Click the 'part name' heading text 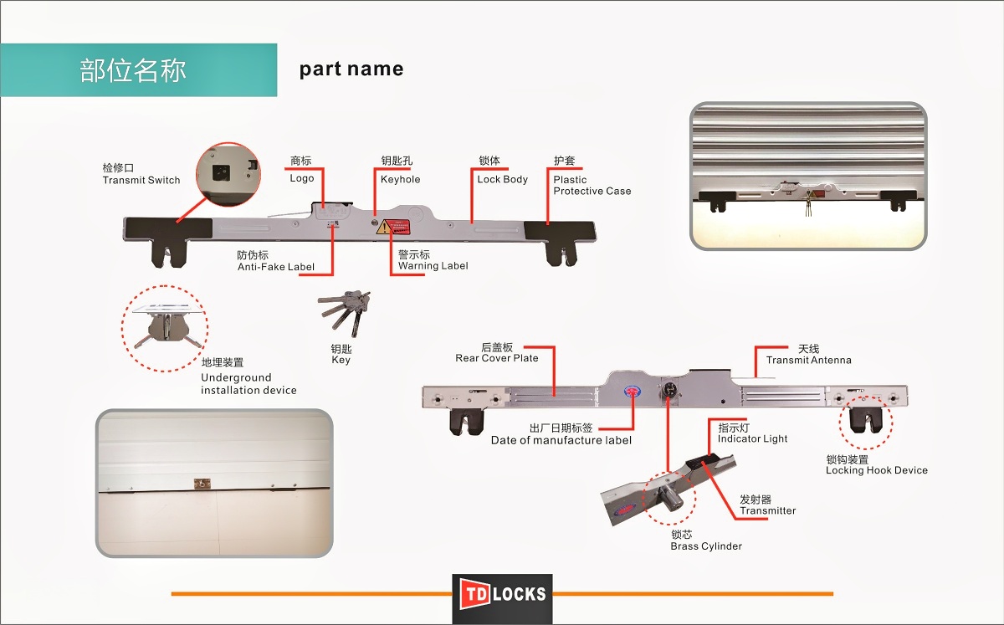click(351, 69)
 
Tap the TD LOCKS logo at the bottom click(502, 595)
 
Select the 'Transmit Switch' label click(141, 180)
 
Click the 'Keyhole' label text click(401, 179)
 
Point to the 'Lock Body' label click(502, 179)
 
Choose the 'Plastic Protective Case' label click(592, 185)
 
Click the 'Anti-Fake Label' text click(276, 267)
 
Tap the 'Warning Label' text click(433, 266)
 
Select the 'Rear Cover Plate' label click(497, 358)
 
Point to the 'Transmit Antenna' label click(808, 360)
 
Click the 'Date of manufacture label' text click(561, 440)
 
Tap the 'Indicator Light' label click(752, 438)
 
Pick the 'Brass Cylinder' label click(706, 546)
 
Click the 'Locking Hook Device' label click(876, 470)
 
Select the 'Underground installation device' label click(248, 384)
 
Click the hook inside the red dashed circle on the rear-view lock click(865, 419)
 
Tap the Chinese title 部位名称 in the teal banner click(133, 70)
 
